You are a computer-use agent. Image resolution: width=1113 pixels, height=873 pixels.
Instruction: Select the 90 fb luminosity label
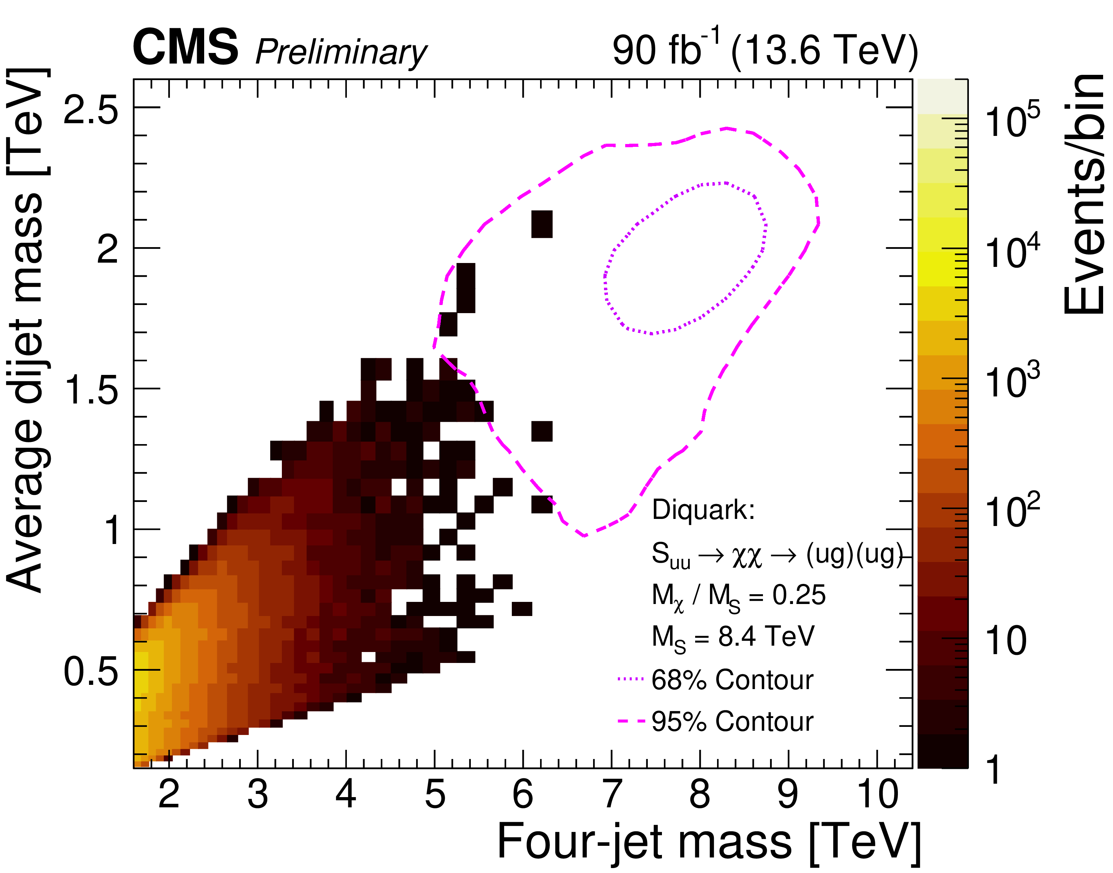tap(665, 49)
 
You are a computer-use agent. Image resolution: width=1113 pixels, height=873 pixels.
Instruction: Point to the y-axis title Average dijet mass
tap(28, 330)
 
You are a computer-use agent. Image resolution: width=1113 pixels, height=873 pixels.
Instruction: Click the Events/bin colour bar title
tap(1084, 194)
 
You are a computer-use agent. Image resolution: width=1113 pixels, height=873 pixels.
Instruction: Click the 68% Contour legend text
tap(732, 680)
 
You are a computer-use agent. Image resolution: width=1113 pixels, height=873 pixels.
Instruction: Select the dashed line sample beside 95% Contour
tap(630, 721)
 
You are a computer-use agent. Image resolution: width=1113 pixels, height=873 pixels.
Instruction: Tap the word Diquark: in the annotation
tap(703, 510)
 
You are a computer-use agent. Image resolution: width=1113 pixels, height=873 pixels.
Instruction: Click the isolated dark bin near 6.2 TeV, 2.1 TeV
tap(542, 224)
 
